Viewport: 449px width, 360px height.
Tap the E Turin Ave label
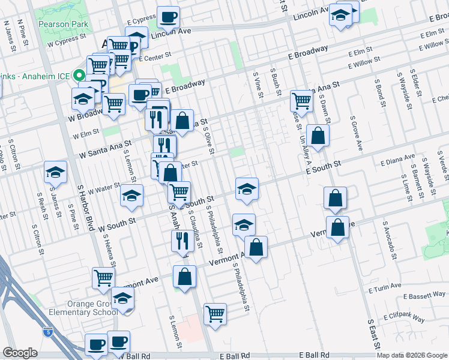[x=389, y=289]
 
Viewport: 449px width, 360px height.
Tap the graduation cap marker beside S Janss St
[x=55, y=172]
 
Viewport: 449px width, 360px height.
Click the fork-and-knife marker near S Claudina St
[x=181, y=241]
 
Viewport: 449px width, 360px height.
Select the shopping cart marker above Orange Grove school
[x=103, y=278]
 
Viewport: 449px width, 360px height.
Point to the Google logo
[x=20, y=353]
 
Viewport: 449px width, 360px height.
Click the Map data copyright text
[x=411, y=355]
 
